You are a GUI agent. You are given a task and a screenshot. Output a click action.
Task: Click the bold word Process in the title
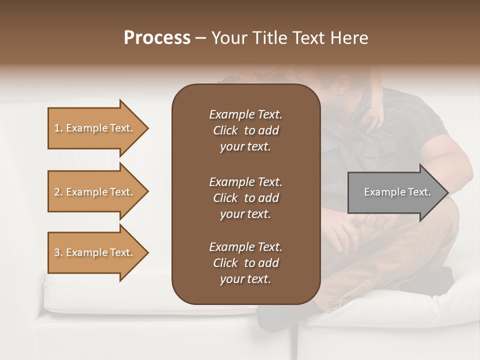(x=157, y=38)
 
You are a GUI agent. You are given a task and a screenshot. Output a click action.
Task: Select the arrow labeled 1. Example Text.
(x=93, y=128)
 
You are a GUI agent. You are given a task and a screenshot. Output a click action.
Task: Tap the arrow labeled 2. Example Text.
(x=93, y=192)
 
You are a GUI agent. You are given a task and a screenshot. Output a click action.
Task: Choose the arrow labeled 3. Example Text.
(x=93, y=252)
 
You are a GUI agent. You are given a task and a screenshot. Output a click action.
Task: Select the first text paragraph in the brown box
(x=245, y=130)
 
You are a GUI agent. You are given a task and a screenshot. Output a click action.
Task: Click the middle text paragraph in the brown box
(x=245, y=198)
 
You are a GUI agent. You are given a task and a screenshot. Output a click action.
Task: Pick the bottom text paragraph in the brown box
(x=245, y=263)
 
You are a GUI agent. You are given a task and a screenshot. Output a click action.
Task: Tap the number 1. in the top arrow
(x=58, y=128)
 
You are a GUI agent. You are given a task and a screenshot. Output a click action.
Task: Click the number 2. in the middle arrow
(x=58, y=192)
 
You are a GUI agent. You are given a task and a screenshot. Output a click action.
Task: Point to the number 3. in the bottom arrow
(x=58, y=252)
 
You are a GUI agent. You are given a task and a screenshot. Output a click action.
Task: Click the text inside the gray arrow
(x=397, y=192)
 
